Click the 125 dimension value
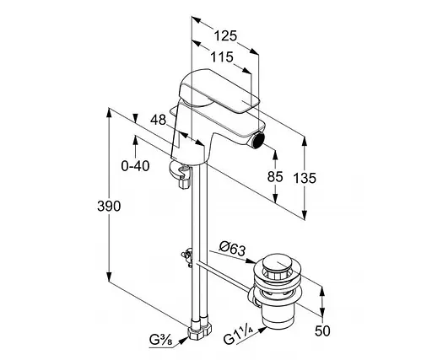pyautogui.click(x=225, y=36)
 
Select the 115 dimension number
pyautogui.click(x=222, y=57)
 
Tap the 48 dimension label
pyautogui.click(x=159, y=120)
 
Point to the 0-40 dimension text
pyautogui.click(x=135, y=166)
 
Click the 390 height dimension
pyautogui.click(x=109, y=207)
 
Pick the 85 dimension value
pyautogui.click(x=275, y=177)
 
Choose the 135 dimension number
pyautogui.click(x=305, y=178)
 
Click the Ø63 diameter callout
pyautogui.click(x=232, y=249)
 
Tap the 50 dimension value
pyautogui.click(x=322, y=330)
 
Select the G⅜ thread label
pyautogui.click(x=160, y=341)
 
